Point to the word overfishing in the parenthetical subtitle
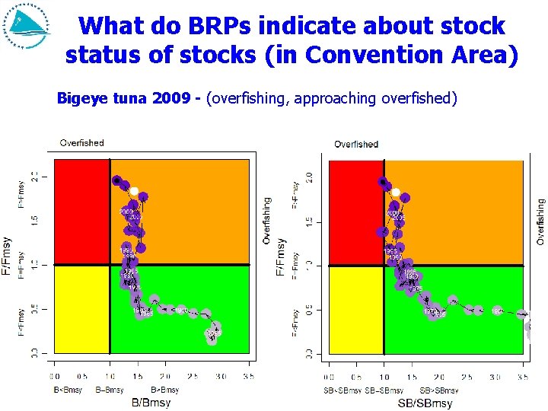point(246,98)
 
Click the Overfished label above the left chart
point(81,142)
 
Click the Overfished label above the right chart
point(355,144)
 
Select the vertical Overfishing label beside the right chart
point(540,221)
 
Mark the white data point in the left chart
point(134,191)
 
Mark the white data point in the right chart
point(396,192)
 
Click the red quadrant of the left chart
point(81,212)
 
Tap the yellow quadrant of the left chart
point(81,308)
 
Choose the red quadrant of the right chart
point(355,212)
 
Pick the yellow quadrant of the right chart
point(355,309)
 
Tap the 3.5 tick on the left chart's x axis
point(247,375)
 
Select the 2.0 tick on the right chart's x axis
point(439,376)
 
